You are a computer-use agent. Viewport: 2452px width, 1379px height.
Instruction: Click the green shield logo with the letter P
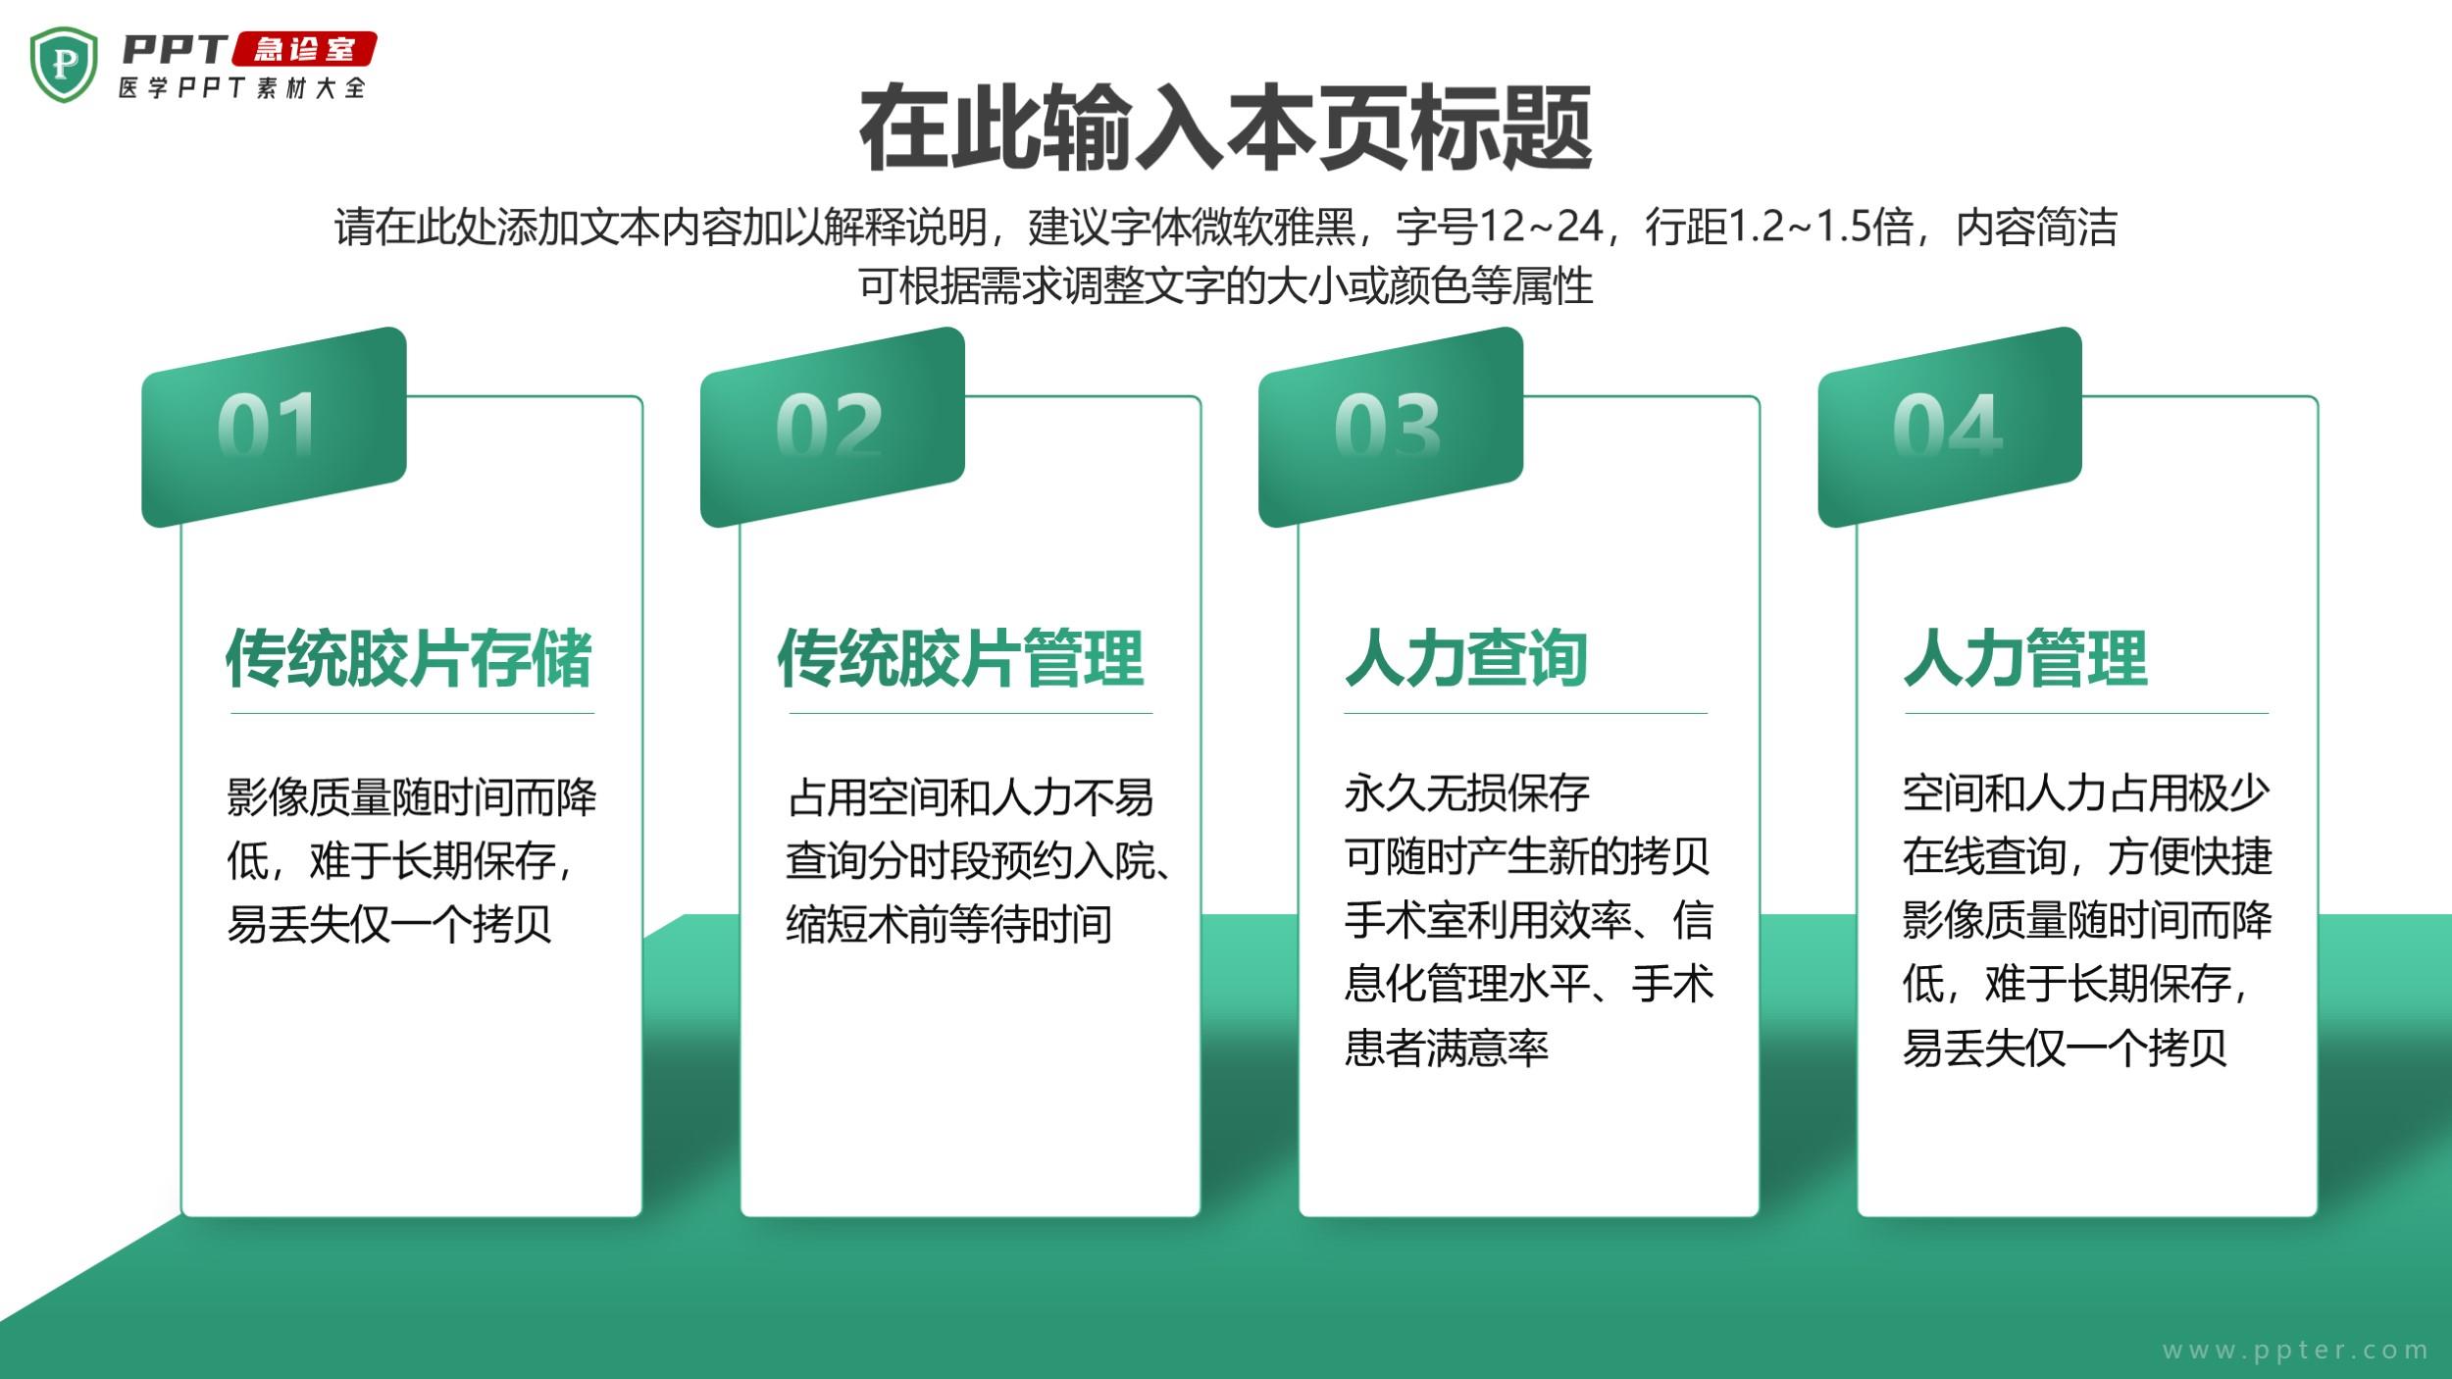(x=64, y=65)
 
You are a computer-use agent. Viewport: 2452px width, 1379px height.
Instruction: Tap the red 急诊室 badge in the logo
(x=304, y=49)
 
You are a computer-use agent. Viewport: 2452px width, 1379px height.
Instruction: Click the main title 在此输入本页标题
(x=1225, y=128)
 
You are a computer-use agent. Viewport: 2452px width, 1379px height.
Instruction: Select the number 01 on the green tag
(x=267, y=425)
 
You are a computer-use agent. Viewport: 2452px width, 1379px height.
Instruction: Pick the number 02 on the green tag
(x=829, y=425)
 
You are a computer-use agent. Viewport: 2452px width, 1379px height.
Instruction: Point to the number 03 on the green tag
(x=1387, y=425)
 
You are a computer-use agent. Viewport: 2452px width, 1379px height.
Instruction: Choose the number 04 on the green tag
(x=1947, y=425)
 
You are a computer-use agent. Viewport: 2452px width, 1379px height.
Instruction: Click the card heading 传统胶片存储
(x=409, y=658)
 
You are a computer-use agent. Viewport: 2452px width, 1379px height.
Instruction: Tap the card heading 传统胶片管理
(x=960, y=658)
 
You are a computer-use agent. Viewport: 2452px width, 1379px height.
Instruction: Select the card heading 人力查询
(x=1466, y=658)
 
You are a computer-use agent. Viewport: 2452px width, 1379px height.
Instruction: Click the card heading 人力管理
(x=2025, y=658)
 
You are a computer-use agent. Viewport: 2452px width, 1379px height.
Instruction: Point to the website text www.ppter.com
(x=2295, y=1351)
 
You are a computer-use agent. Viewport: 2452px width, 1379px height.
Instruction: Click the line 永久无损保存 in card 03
(x=1466, y=793)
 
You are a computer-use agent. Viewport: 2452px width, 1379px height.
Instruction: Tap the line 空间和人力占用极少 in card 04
(x=2086, y=793)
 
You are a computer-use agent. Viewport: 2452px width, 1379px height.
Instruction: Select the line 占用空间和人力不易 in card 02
(x=970, y=797)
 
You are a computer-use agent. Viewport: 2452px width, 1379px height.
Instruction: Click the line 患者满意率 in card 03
(x=1446, y=1047)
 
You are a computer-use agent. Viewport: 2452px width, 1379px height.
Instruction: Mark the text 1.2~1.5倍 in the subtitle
(x=1820, y=227)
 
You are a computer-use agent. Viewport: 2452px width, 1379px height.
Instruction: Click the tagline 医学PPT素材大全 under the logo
(x=242, y=88)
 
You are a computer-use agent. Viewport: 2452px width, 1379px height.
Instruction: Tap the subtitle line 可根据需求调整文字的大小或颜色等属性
(x=1226, y=286)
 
